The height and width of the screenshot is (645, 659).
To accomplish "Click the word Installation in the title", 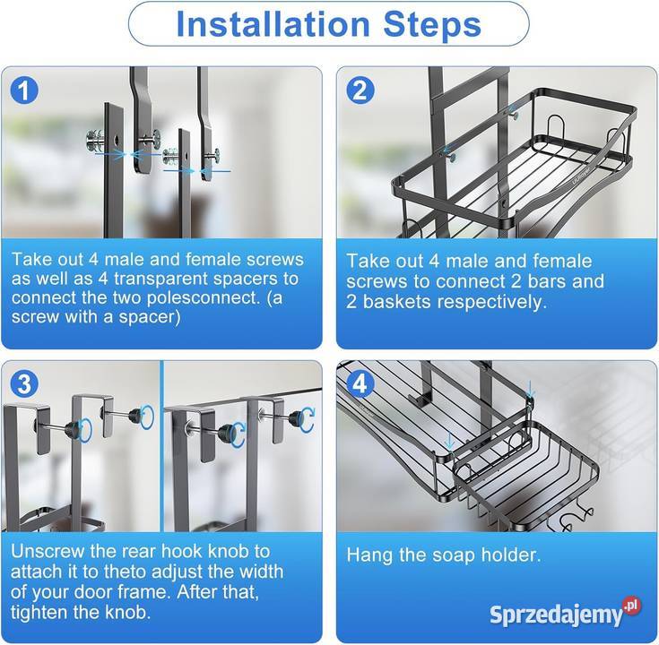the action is pyautogui.click(x=273, y=23).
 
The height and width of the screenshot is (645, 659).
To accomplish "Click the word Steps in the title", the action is pyautogui.click(x=432, y=24).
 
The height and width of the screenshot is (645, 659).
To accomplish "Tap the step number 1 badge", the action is pyautogui.click(x=24, y=90).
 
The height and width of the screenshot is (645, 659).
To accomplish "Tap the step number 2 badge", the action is pyautogui.click(x=360, y=90).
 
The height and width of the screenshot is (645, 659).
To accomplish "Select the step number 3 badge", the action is pyautogui.click(x=24, y=384).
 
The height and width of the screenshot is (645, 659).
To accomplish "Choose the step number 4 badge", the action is pyautogui.click(x=360, y=384).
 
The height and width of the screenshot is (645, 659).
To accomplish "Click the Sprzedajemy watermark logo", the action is pyautogui.click(x=565, y=614).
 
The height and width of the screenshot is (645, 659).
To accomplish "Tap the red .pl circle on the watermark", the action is pyautogui.click(x=631, y=606).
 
